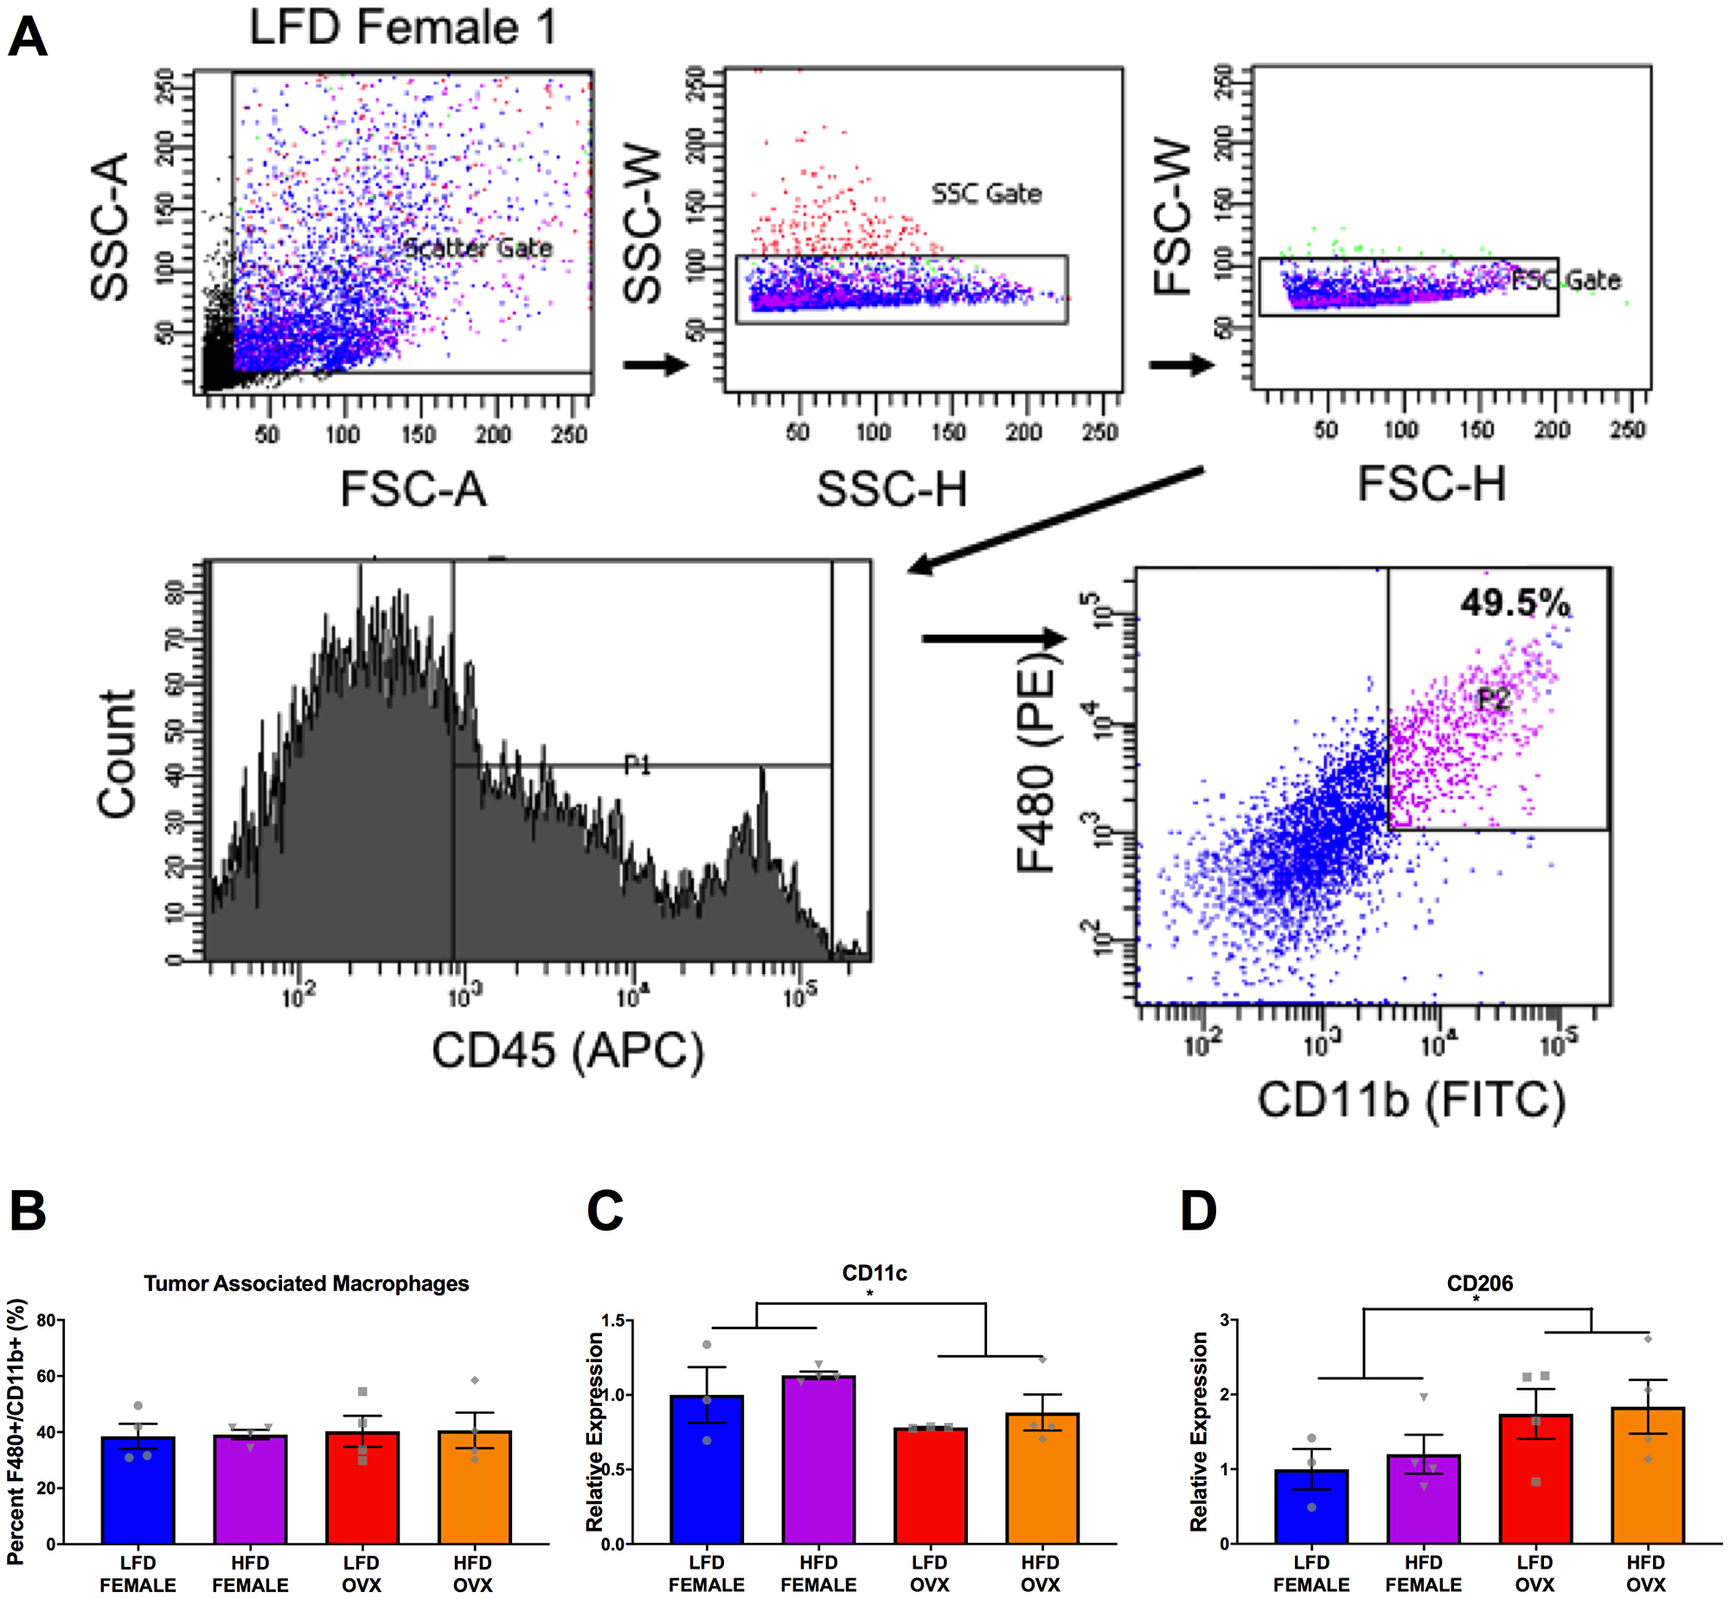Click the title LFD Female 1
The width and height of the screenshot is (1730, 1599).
[x=402, y=27]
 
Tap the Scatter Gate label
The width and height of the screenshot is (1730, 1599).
[x=477, y=248]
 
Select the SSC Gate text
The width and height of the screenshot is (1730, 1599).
[x=986, y=194]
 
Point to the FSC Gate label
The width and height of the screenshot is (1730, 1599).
[x=1567, y=280]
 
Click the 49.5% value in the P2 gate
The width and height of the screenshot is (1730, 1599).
[x=1515, y=602]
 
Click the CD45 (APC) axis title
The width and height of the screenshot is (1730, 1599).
[x=567, y=1052]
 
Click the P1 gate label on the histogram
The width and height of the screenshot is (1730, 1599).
[x=638, y=764]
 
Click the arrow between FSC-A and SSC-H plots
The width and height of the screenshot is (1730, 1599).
[x=655, y=364]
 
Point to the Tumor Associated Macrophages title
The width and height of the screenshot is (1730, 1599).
[x=306, y=1283]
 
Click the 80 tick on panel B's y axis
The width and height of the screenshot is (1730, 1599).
[x=46, y=1321]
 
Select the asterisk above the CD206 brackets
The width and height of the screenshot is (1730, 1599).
[x=1476, y=1298]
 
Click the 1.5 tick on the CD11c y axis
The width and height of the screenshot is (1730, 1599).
[x=612, y=1321]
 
